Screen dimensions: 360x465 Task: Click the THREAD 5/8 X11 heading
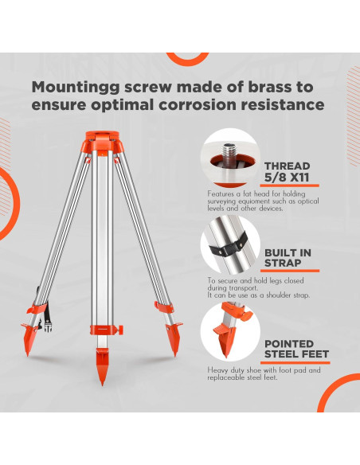coord(287,172)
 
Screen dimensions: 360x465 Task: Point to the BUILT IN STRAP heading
coord(288,258)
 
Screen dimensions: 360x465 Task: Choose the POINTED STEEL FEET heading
coord(296,349)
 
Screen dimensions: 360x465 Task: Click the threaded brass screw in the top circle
coord(229,154)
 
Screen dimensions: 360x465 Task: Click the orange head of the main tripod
coord(103,142)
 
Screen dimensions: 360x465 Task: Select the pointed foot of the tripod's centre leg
coord(102,366)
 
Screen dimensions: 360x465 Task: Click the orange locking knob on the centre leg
coord(120,330)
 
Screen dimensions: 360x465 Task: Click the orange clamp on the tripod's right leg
coord(164,307)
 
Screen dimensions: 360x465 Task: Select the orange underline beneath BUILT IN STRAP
coord(290,271)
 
